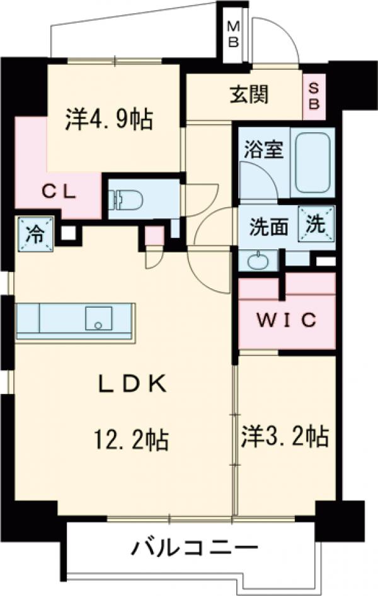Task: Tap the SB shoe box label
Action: [314, 96]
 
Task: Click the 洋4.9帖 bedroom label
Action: [109, 119]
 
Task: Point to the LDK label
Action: [132, 384]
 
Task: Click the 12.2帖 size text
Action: [132, 439]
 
